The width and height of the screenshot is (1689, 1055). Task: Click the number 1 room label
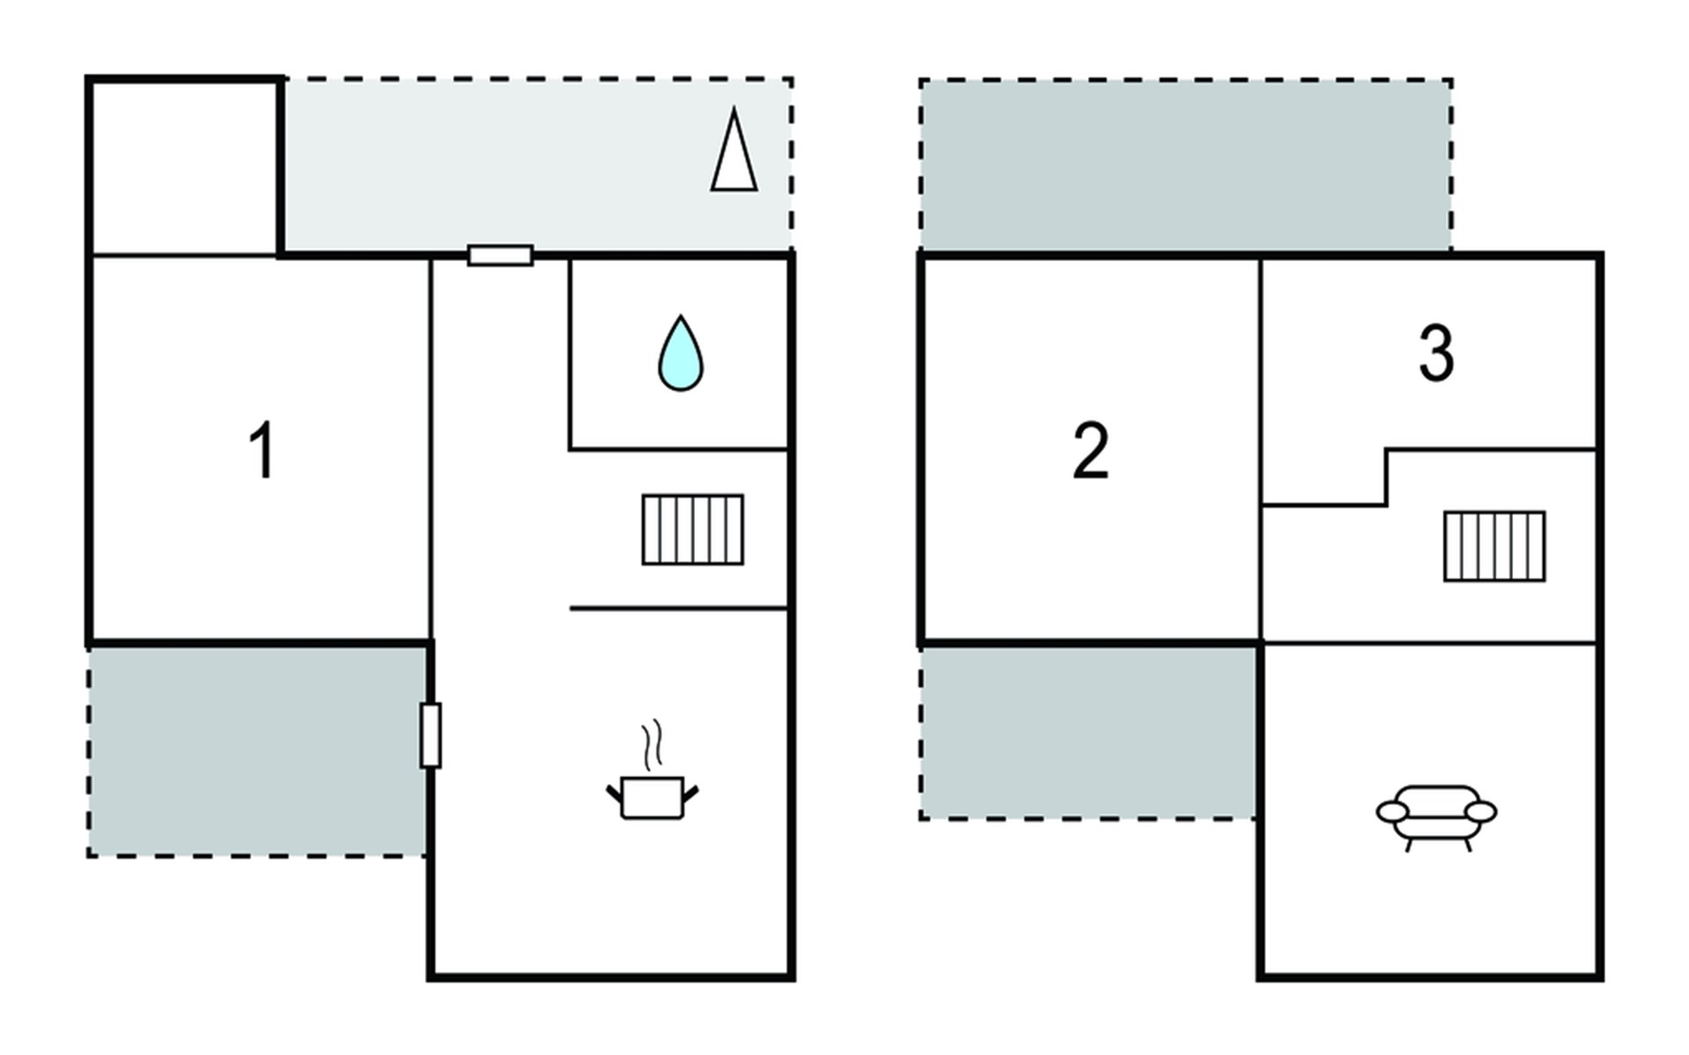[262, 450]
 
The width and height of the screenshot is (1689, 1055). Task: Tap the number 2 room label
[1091, 450]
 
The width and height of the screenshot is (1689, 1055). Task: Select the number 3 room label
[1437, 353]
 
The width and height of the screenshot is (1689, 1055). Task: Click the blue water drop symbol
[681, 353]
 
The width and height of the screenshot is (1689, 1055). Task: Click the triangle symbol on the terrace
[734, 149]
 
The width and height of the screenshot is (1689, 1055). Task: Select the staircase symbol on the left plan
[693, 530]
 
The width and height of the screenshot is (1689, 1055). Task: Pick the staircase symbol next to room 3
[1495, 546]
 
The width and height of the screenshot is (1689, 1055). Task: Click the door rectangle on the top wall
[501, 256]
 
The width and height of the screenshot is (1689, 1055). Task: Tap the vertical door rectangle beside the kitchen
[430, 735]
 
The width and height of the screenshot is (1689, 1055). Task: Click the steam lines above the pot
[651, 746]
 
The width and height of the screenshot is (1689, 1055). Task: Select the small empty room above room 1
[185, 168]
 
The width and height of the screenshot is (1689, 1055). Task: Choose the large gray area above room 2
[1186, 165]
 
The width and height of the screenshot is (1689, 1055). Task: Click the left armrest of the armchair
[1393, 811]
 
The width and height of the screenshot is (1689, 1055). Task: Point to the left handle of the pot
[614, 795]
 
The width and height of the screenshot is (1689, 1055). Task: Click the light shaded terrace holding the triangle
[537, 164]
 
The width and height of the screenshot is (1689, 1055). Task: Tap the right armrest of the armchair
[1481, 811]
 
